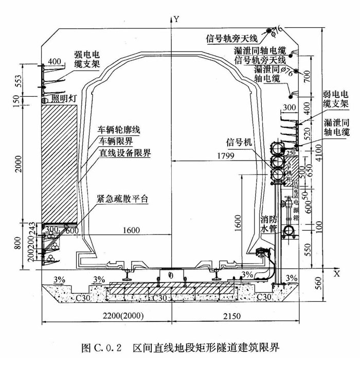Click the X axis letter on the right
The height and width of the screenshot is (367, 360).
(x=337, y=274)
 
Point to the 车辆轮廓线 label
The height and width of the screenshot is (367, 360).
(x=121, y=130)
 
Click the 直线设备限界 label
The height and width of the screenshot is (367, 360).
(x=125, y=153)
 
